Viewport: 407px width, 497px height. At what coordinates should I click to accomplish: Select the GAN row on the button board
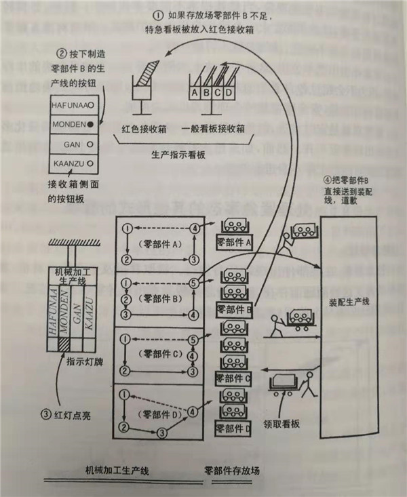coord(72,144)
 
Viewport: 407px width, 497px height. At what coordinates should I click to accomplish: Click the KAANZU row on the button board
coord(72,164)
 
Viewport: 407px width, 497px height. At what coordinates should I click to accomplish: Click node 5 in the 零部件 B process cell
coord(195,283)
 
